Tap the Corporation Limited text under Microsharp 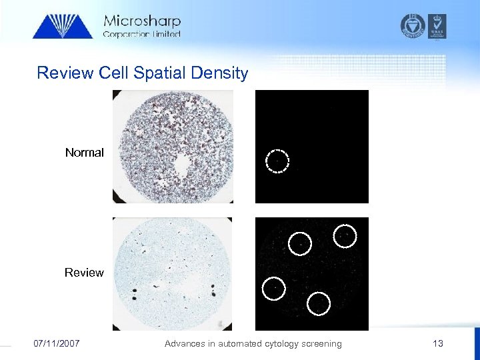141,34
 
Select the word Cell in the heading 113,73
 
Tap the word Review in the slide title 65,73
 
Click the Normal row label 84,153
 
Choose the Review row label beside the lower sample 84,273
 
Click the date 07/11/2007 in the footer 57,344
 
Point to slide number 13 437,344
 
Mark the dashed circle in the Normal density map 277,161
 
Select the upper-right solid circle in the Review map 345,235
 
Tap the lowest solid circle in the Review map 319,303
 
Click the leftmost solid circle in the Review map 273,288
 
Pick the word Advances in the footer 184,344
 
